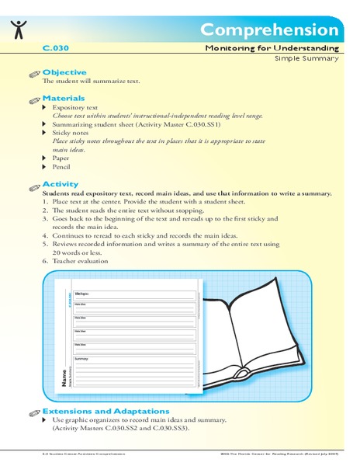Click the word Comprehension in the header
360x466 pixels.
point(268,30)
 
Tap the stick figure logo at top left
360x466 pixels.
point(19,29)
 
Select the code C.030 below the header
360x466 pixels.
point(57,47)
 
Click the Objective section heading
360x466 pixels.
point(64,71)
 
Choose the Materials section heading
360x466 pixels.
point(64,99)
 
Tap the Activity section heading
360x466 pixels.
point(61,183)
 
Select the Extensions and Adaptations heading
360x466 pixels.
point(106,410)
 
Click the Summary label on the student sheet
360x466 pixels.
point(82,359)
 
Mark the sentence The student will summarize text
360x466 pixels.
point(91,81)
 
